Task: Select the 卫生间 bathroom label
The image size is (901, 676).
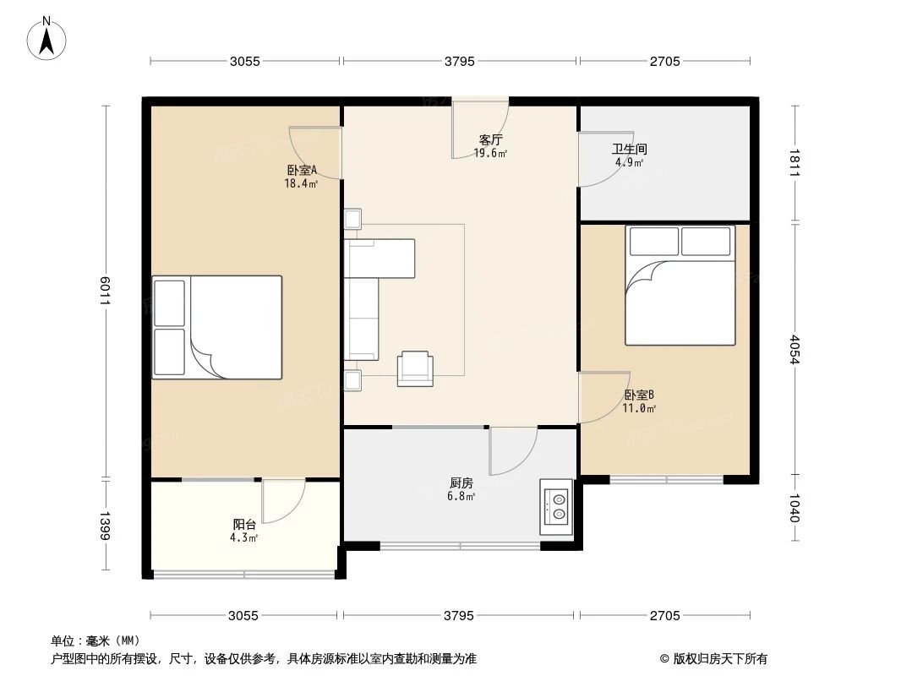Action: click(629, 150)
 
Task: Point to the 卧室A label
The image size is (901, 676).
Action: click(301, 170)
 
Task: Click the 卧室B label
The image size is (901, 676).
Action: click(639, 395)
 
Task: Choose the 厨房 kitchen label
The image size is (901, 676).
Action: click(461, 483)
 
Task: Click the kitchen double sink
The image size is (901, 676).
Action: click(557, 506)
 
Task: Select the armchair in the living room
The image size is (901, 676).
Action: click(415, 368)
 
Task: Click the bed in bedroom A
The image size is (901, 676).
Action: click(217, 327)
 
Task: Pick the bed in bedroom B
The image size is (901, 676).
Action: click(680, 285)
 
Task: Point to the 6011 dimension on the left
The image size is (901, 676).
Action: click(105, 291)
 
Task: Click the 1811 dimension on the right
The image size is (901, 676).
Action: click(794, 162)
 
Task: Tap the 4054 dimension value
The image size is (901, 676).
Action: click(794, 349)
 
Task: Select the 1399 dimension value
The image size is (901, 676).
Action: click(105, 525)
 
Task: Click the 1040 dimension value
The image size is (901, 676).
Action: click(794, 508)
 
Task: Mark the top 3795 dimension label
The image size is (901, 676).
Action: click(460, 61)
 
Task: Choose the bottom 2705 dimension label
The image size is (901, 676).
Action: click(664, 615)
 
